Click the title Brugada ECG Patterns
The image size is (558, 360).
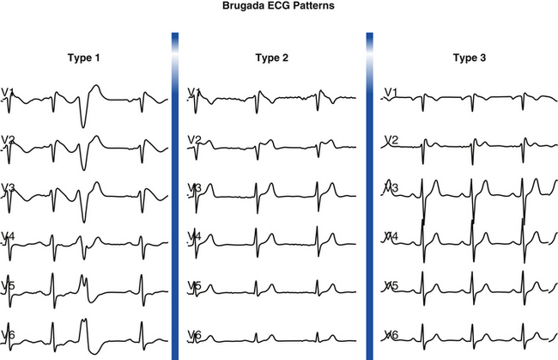[278, 6]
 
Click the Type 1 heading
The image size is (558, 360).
[84, 58]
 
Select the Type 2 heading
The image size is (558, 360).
[272, 58]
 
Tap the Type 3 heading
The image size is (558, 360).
[470, 58]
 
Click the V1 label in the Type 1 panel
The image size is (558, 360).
[8, 93]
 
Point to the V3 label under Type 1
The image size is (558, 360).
[8, 187]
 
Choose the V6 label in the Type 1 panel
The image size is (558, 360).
[8, 335]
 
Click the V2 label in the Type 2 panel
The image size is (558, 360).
[194, 139]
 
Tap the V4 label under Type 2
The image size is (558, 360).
[194, 236]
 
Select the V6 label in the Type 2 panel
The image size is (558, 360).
[194, 335]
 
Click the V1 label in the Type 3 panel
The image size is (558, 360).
[391, 93]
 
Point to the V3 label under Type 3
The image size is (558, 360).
[391, 187]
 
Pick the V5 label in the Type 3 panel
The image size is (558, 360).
[391, 285]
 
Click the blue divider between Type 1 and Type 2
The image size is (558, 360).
[175, 196]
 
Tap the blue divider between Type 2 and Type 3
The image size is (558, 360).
[370, 196]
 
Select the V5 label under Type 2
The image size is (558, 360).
[194, 285]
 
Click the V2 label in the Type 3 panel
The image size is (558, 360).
[391, 139]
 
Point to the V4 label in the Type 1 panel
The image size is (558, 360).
[8, 236]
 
